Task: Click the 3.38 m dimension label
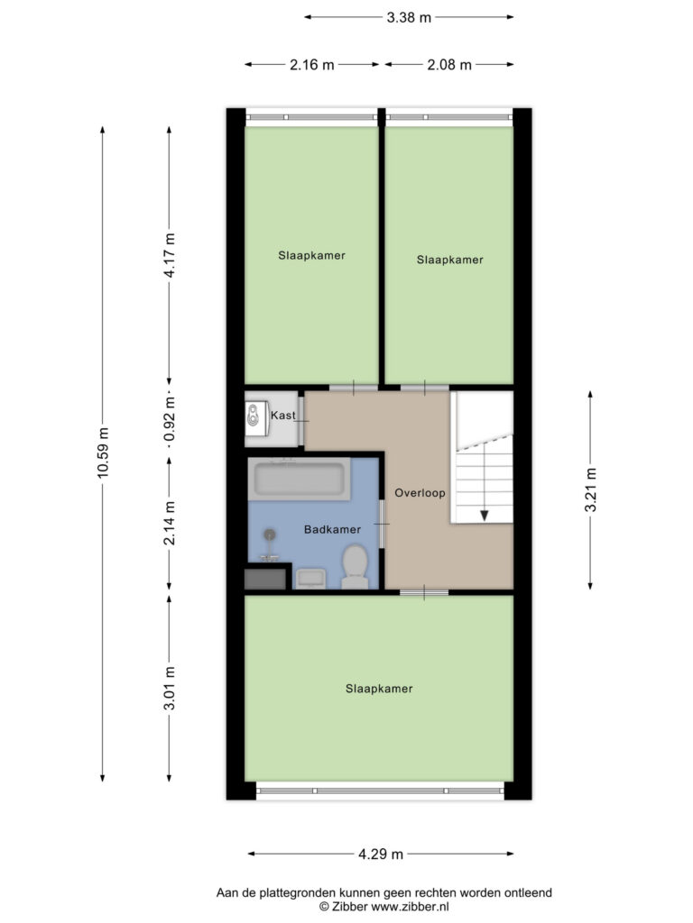(409, 18)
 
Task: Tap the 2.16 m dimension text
(311, 65)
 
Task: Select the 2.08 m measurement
(449, 65)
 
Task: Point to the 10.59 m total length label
(103, 452)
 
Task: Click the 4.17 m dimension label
(170, 255)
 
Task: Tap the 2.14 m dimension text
(170, 524)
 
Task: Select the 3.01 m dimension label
(170, 689)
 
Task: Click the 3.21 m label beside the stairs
(590, 489)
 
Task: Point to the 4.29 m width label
(381, 854)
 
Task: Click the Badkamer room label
(332, 530)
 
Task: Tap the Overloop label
(420, 493)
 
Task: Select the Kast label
(282, 416)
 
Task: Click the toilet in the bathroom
(355, 566)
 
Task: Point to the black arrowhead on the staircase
(485, 516)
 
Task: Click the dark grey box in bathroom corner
(265, 579)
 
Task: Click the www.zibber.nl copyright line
(384, 907)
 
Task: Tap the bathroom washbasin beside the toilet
(310, 578)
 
